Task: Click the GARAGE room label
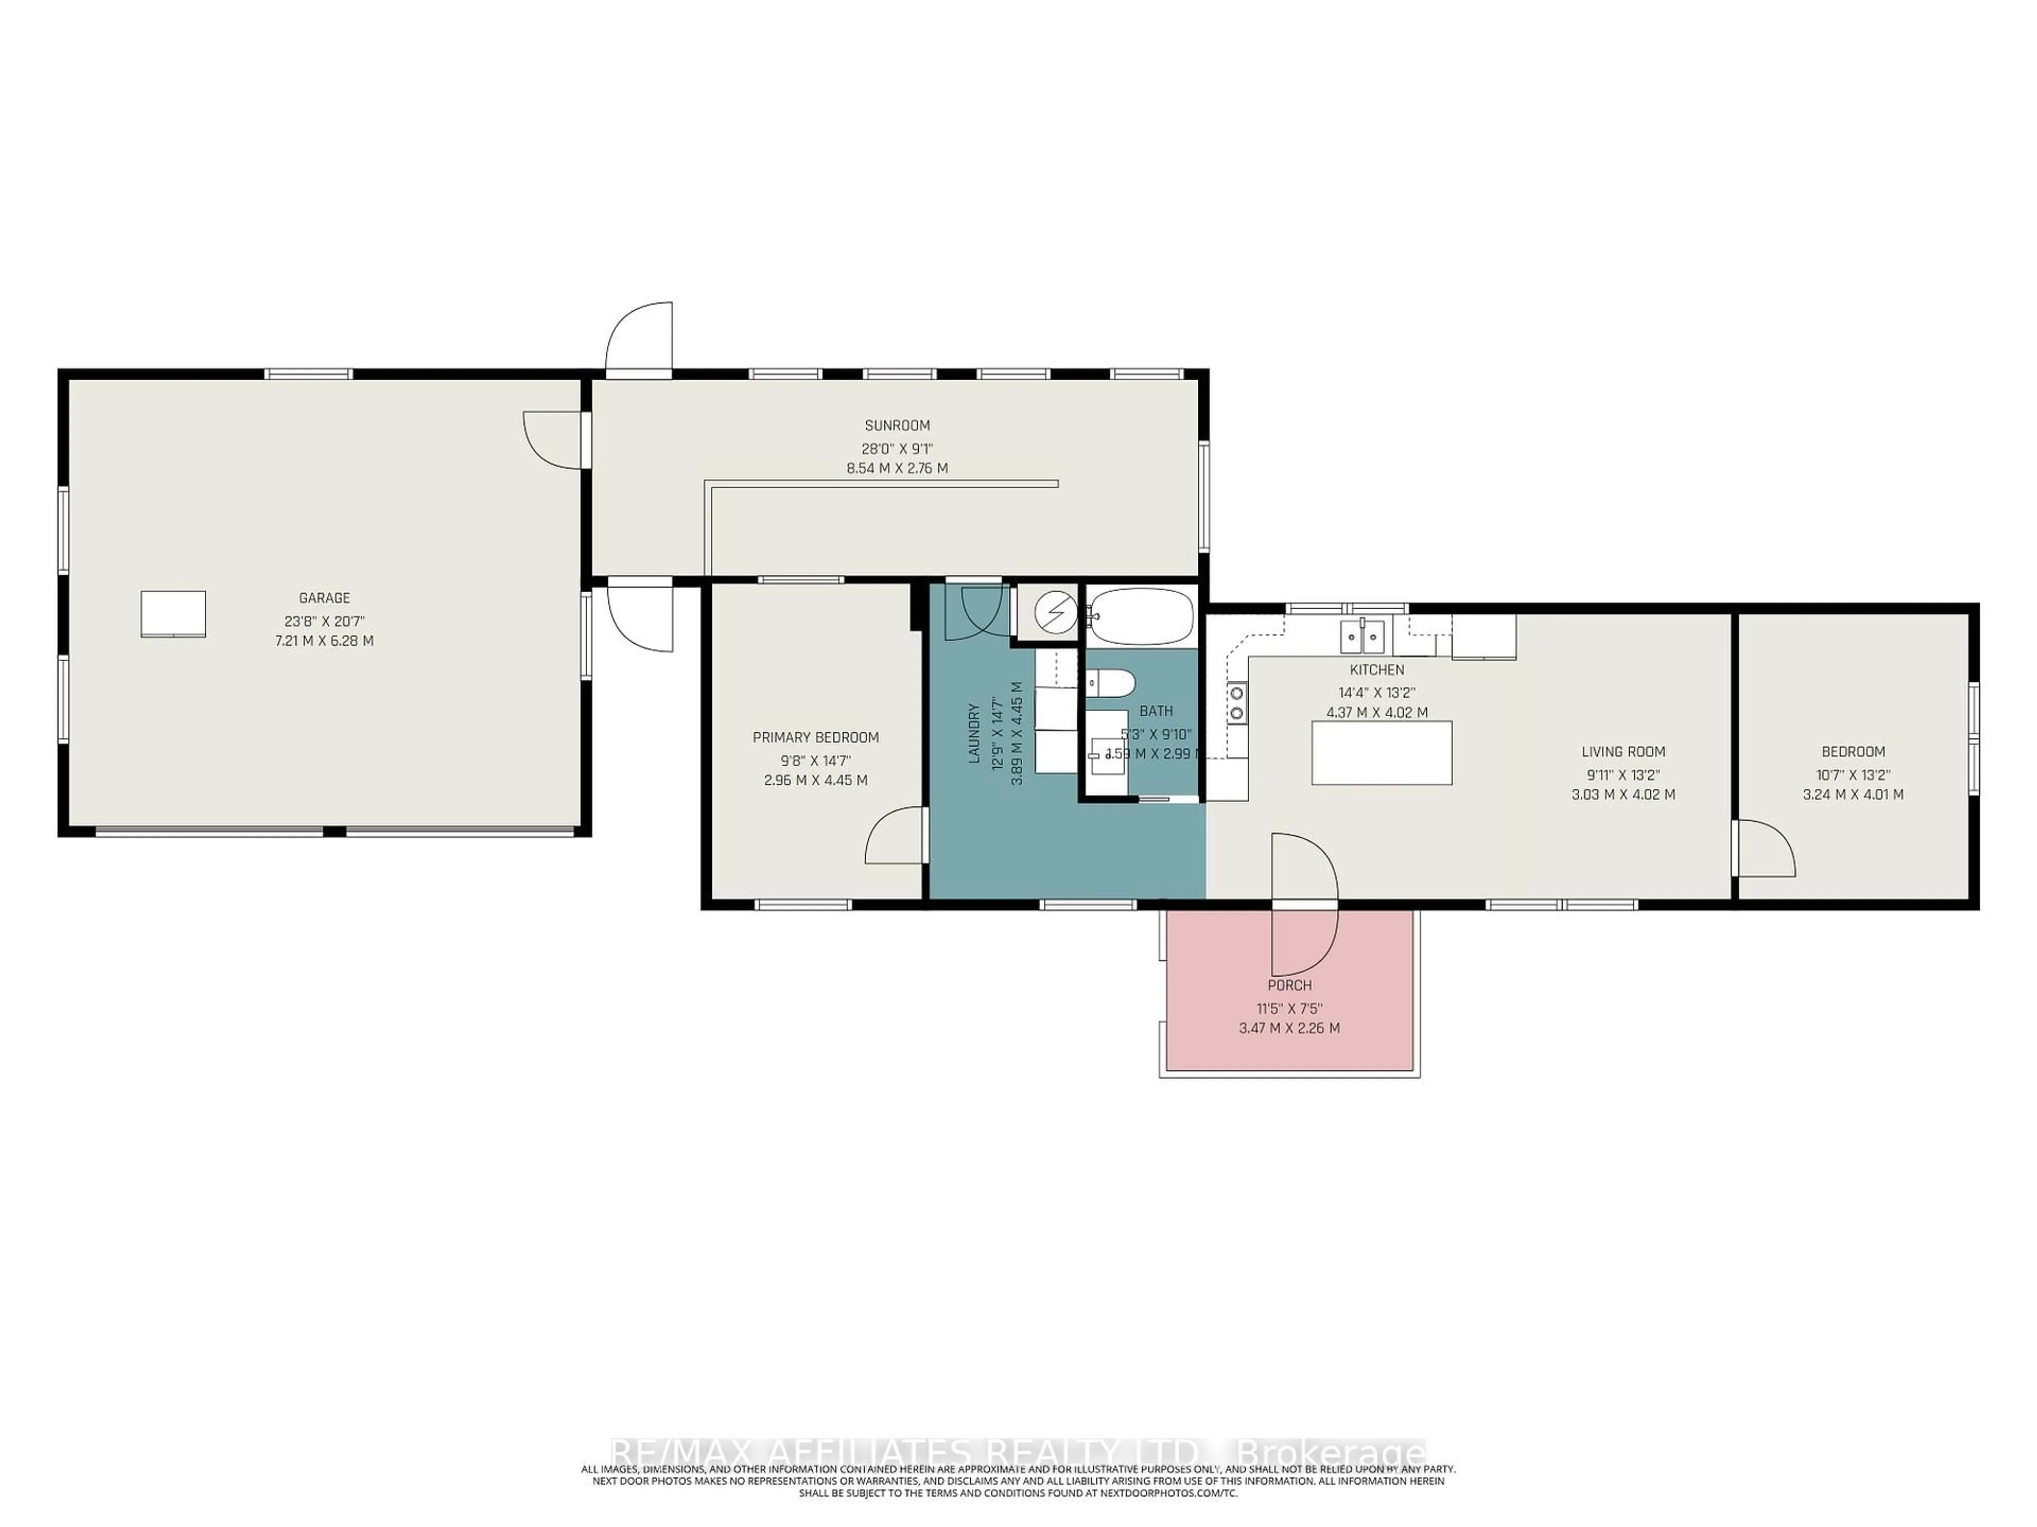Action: point(324,598)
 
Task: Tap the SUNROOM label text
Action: point(897,425)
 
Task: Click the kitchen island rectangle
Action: point(1381,753)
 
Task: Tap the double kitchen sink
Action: point(1361,635)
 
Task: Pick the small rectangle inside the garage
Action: point(173,614)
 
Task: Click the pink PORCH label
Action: point(1289,985)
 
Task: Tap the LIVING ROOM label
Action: point(1623,752)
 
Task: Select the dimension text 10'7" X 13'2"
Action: point(1853,775)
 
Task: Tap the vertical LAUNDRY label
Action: point(973,734)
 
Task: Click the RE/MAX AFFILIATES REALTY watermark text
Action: point(1017,1452)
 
